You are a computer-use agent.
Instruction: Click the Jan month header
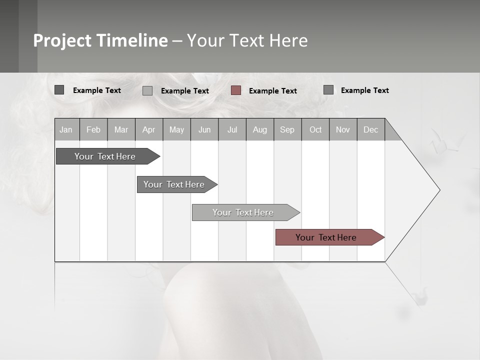66,129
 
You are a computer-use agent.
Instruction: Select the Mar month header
121,129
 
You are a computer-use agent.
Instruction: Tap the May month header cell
176,129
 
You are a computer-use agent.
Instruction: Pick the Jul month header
232,129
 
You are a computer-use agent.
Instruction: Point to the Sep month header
287,129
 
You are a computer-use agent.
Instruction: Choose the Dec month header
370,129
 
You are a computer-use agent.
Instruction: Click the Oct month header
315,129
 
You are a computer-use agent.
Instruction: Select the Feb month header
93,129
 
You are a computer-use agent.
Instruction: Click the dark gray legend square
59,90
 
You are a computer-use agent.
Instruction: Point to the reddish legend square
236,90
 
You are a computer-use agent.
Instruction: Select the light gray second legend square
147,90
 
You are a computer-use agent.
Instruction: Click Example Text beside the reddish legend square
272,91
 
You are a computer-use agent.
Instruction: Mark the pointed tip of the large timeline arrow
439,190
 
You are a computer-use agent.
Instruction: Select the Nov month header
343,129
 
